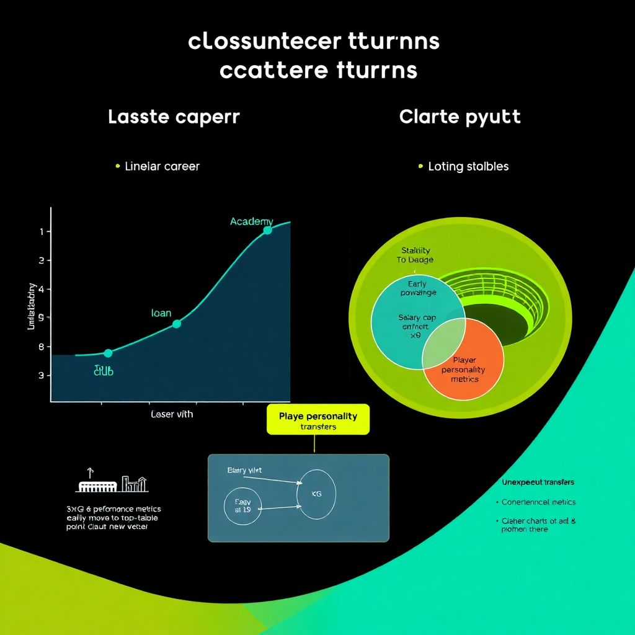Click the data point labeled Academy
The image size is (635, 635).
[267, 230]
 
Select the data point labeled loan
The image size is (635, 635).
[177, 324]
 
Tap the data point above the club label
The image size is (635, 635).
[108, 353]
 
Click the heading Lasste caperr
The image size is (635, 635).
[174, 117]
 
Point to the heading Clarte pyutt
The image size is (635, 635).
[460, 117]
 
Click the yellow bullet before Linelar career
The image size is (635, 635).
[117, 166]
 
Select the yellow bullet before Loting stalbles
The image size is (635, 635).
[421, 166]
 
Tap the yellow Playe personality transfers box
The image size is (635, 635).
[317, 420]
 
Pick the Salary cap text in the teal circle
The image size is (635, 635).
[417, 317]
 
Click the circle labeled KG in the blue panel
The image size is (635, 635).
[317, 494]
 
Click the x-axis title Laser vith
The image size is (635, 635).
[172, 414]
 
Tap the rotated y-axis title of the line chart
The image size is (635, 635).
[32, 304]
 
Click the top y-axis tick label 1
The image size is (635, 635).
[41, 231]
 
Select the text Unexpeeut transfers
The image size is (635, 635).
[537, 482]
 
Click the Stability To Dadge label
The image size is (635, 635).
[415, 255]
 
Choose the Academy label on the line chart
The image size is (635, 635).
[251, 221]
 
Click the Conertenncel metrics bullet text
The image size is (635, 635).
[538, 502]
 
